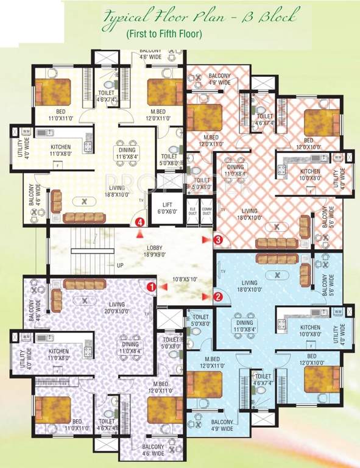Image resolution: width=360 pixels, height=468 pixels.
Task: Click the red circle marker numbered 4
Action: [141, 222]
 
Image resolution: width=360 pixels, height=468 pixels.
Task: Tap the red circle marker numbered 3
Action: [219, 241]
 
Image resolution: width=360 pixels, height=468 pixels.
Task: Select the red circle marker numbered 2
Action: [219, 297]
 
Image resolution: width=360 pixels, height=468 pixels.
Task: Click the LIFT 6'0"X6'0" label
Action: [166, 207]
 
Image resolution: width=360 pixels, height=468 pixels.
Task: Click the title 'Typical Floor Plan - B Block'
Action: [183, 16]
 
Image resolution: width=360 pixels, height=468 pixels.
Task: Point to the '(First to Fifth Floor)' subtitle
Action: [164, 34]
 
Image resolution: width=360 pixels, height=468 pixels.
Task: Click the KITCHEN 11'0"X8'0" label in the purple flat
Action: [58, 355]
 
